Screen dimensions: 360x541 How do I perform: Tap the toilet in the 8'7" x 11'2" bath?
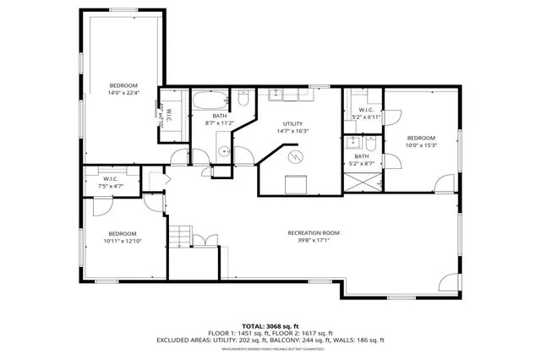[242, 101]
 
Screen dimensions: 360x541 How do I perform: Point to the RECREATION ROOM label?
[314, 232]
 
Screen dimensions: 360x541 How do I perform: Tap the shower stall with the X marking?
[362, 180]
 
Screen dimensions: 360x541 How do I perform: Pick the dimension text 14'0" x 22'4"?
[123, 93]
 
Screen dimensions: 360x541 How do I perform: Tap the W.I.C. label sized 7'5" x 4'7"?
[110, 182]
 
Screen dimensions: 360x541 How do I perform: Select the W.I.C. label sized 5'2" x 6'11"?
[366, 113]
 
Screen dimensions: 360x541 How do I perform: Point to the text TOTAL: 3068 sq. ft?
[270, 325]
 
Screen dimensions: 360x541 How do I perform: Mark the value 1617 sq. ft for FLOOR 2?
[315, 333]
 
